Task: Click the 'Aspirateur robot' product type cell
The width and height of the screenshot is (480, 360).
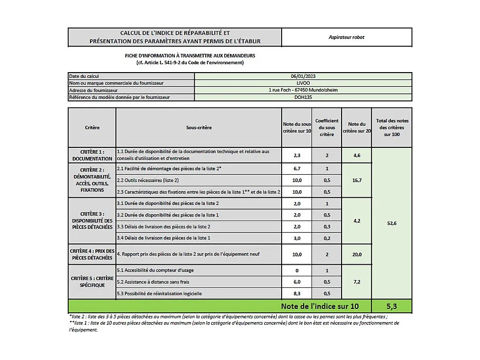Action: [x=346, y=37]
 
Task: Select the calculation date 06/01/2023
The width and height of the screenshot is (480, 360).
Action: [x=303, y=76]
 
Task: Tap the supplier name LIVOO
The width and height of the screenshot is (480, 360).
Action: [x=303, y=83]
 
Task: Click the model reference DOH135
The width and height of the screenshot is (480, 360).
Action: [x=303, y=97]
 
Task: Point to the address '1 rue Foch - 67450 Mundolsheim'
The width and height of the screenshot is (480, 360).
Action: [x=303, y=90]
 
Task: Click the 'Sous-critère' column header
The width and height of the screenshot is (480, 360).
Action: [x=198, y=127]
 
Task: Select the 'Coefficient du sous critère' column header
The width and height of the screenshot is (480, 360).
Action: [x=326, y=127]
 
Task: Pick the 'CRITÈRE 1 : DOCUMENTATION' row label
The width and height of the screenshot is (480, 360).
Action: [x=92, y=155]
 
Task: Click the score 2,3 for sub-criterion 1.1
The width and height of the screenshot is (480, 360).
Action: [x=296, y=155]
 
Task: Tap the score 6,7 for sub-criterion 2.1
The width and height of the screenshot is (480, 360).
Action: [x=296, y=169]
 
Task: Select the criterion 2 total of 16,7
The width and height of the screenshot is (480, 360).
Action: [x=356, y=180]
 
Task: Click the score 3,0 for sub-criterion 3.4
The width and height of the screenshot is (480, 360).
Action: [x=296, y=238]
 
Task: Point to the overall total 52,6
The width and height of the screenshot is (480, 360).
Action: [x=392, y=223]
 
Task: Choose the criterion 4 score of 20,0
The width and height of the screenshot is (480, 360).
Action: [x=356, y=254]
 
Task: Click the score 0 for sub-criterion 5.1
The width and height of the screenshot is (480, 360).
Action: [x=296, y=271]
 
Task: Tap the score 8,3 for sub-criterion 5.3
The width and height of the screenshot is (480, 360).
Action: [x=296, y=293]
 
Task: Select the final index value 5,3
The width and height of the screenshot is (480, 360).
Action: [x=392, y=306]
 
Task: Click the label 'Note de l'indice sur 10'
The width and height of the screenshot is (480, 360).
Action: [x=319, y=306]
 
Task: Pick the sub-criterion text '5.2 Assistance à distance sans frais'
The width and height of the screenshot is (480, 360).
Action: [x=157, y=282]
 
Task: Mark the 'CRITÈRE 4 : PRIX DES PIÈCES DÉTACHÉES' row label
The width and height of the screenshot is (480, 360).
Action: [x=92, y=254]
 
